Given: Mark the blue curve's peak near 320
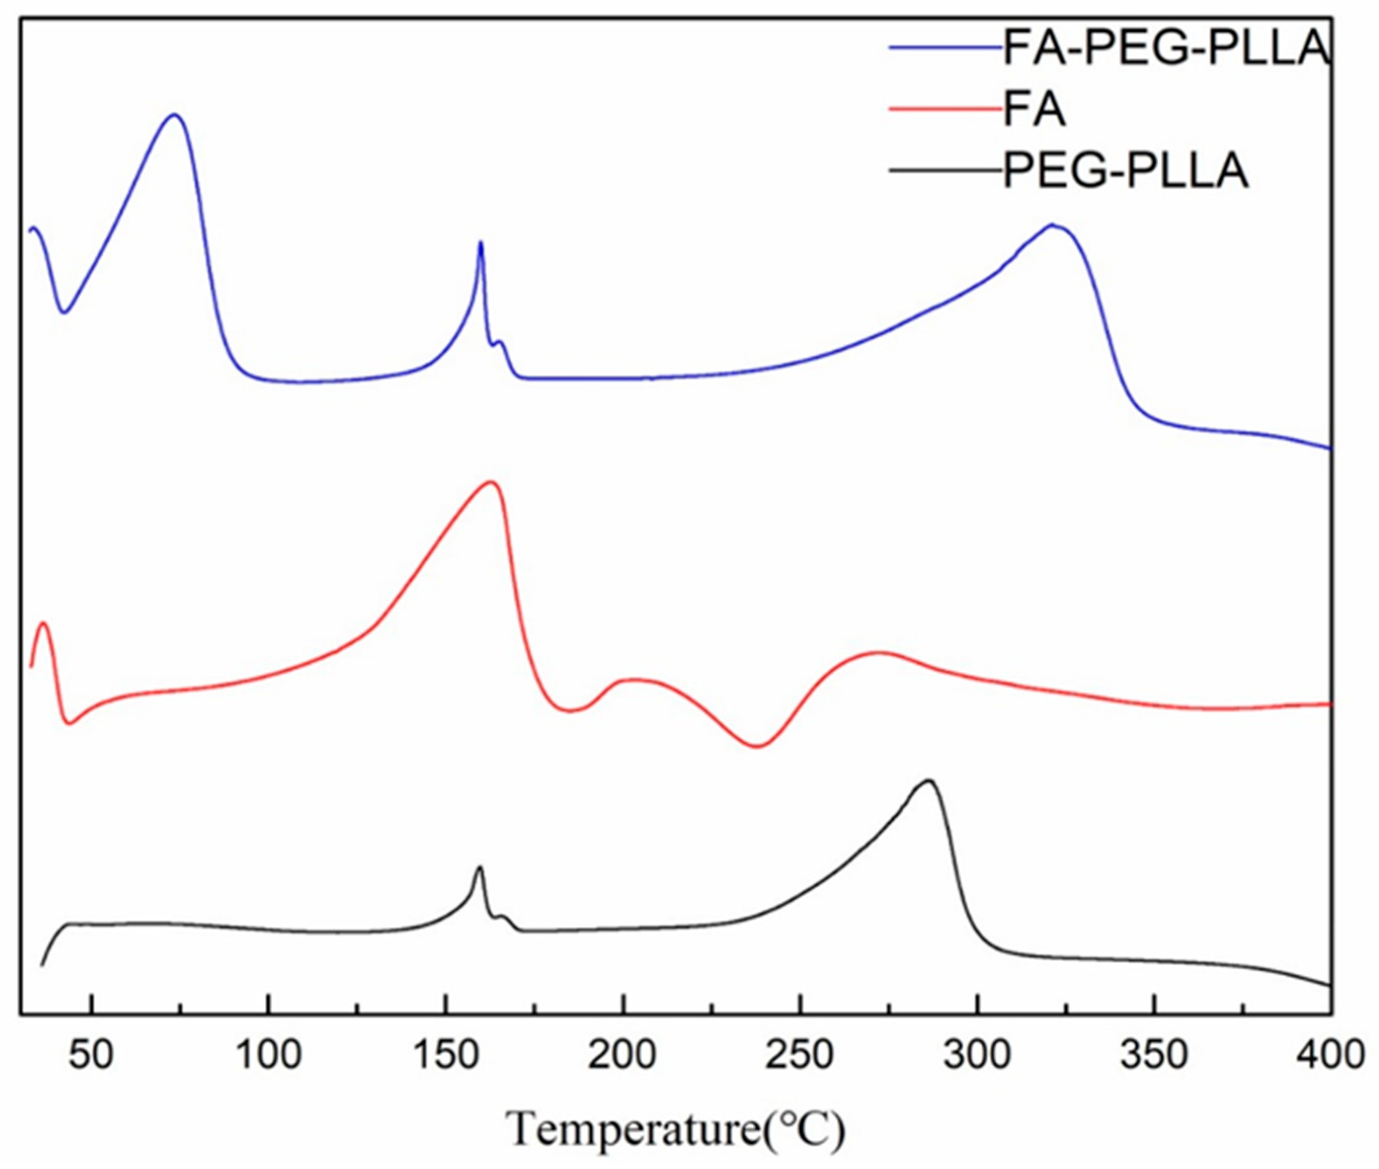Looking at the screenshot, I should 1051,225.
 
